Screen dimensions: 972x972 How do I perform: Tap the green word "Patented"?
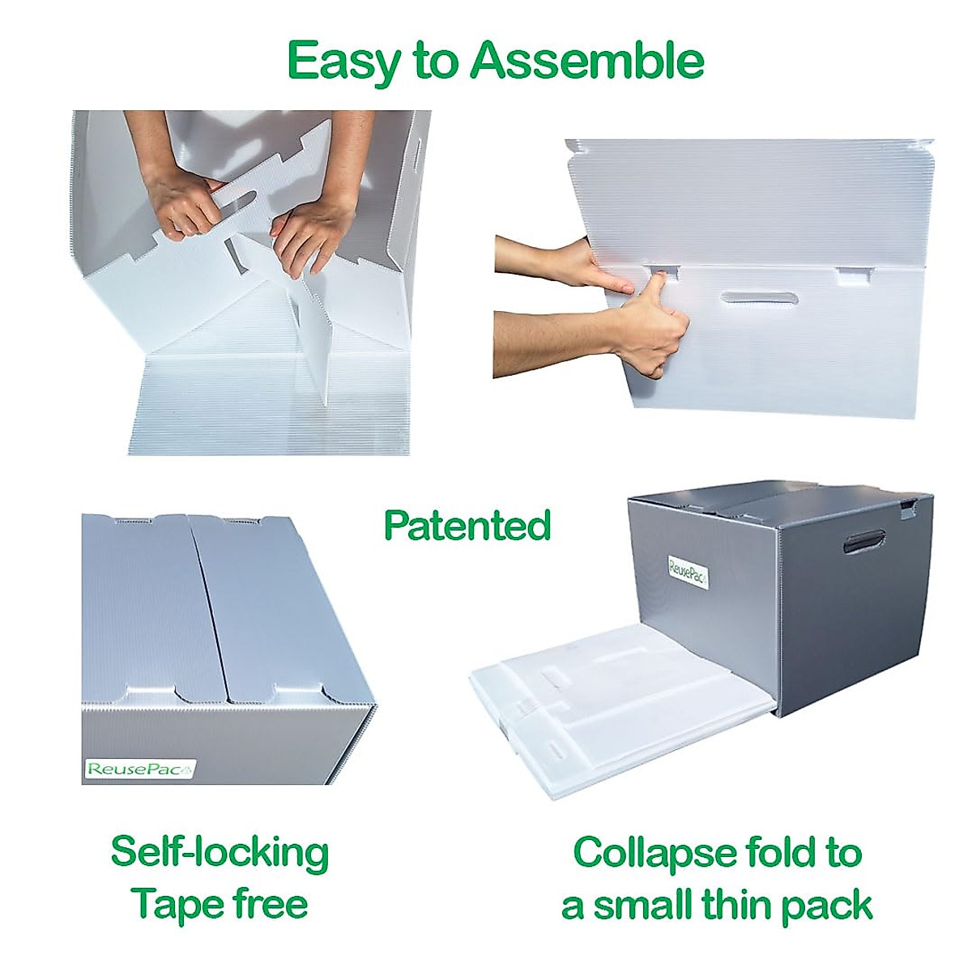(467, 526)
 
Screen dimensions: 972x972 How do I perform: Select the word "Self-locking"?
(220, 853)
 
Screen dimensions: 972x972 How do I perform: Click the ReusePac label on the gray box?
(688, 571)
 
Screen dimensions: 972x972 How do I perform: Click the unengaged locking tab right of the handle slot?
(853, 277)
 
